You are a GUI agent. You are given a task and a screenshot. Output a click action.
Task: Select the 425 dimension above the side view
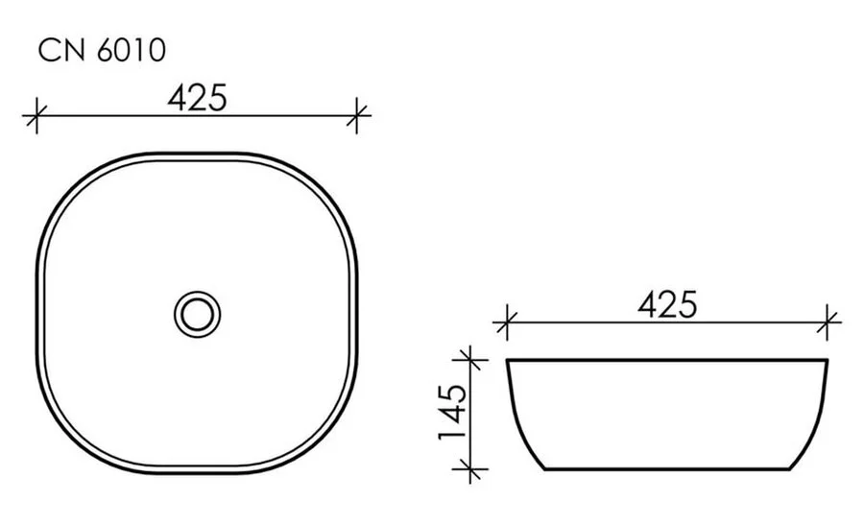coord(666,304)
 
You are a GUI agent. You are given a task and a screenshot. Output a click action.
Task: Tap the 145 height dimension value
coord(452,412)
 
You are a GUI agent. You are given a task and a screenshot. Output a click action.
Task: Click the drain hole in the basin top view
coord(198,312)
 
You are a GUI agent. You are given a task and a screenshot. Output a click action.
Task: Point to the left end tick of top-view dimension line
coord(36,116)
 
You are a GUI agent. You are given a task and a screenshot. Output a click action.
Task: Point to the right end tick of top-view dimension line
coord(358,116)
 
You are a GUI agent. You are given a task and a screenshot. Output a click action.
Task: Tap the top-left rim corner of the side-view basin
coord(508,361)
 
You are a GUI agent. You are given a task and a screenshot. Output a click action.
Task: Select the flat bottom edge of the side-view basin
coord(667,469)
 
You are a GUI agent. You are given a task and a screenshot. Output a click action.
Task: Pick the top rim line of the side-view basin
coord(667,360)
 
